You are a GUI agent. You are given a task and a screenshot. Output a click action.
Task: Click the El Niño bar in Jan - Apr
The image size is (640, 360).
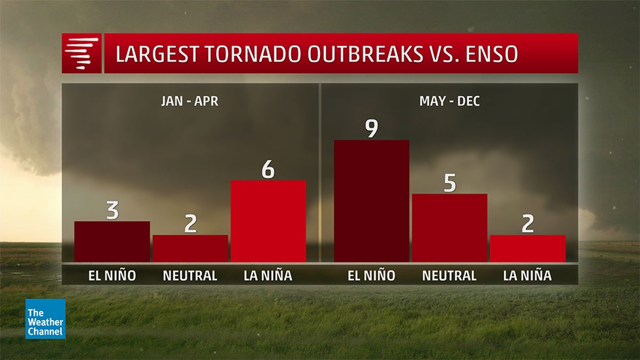(x=112, y=241)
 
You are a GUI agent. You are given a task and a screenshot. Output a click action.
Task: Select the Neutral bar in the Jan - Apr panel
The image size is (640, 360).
(x=190, y=248)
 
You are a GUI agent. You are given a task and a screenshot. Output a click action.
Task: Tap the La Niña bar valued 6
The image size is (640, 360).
(x=268, y=221)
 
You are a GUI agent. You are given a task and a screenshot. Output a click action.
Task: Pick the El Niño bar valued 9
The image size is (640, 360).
(x=371, y=201)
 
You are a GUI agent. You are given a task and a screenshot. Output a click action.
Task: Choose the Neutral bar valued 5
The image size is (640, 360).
(x=449, y=227)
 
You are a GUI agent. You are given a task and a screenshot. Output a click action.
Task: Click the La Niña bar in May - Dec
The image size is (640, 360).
(x=527, y=248)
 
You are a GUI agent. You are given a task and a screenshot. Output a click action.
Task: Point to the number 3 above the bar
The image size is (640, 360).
(x=112, y=210)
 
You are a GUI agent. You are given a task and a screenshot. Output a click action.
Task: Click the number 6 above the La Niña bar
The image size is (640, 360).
(x=268, y=169)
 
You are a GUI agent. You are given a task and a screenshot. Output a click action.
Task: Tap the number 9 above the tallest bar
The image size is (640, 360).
(x=371, y=128)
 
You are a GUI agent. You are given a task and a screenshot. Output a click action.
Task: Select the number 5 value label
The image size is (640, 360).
(x=449, y=183)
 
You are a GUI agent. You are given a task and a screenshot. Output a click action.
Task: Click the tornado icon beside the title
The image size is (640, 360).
(x=82, y=54)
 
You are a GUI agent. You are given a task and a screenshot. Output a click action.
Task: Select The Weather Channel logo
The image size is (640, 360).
(x=46, y=319)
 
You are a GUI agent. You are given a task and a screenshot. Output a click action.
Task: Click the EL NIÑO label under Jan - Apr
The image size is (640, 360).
(x=112, y=275)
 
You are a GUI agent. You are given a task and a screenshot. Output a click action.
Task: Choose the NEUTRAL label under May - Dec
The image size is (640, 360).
(x=449, y=275)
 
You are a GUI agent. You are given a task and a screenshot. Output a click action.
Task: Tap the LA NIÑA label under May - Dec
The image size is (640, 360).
(x=527, y=275)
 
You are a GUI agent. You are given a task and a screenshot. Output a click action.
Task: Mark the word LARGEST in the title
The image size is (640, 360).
(x=154, y=54)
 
